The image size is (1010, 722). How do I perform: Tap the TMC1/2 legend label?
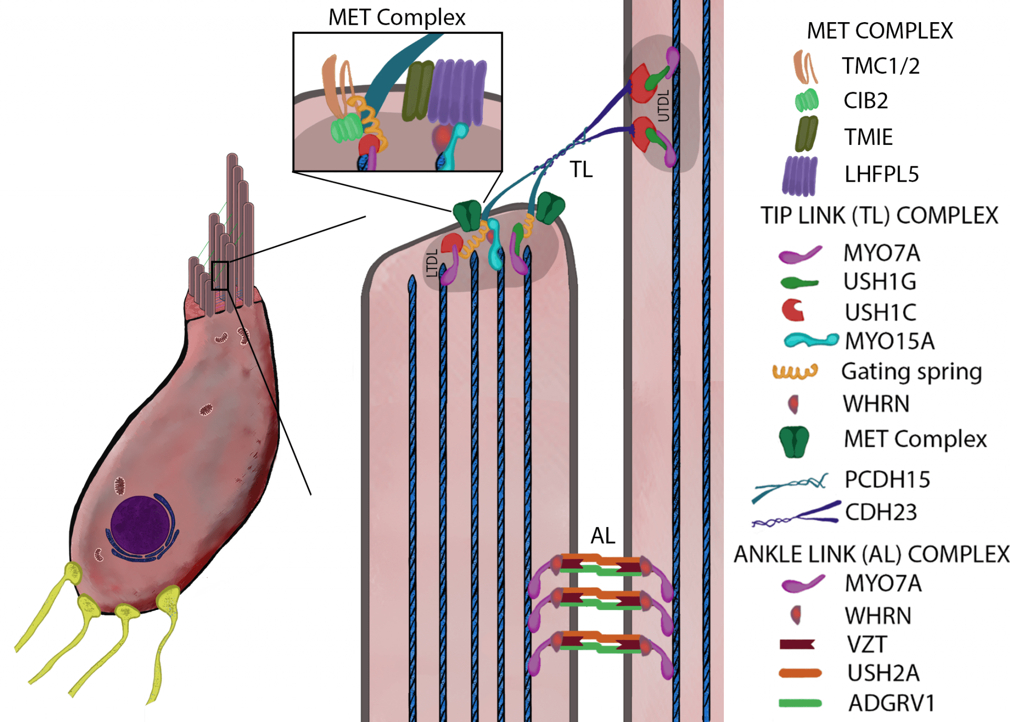pos(881,66)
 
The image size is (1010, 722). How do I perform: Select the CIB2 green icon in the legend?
pos(806,100)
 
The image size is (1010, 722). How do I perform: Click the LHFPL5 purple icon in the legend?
pos(800,175)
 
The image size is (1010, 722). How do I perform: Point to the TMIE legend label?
pos(868,137)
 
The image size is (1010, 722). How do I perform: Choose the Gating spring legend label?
pos(912,372)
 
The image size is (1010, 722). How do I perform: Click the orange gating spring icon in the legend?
pos(795,372)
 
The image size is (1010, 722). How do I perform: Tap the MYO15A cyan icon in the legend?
pos(811,340)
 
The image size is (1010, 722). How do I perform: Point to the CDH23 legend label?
pos(881,512)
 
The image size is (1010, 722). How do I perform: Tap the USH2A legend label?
pos(883,673)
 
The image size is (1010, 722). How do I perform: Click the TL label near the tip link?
pos(581,170)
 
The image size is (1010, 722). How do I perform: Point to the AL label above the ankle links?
pos(603,536)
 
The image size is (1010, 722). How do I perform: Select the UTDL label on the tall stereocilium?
pos(663,105)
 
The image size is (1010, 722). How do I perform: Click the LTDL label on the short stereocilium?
pos(432,263)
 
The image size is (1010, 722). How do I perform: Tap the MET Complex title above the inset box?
pos(397,17)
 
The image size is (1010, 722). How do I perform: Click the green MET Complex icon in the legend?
pos(794,441)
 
